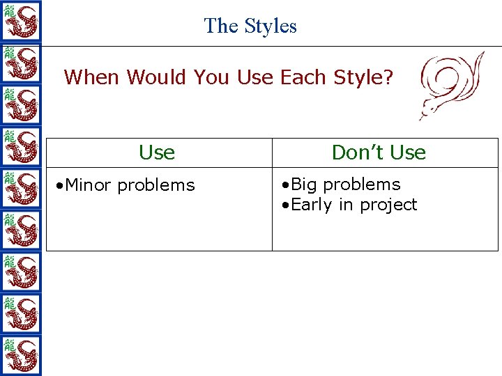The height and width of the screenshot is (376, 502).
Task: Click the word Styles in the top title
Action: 270,26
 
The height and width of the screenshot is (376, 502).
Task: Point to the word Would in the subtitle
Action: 158,77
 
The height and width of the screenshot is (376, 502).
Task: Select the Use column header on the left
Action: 157,152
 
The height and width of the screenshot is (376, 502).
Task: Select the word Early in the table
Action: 311,205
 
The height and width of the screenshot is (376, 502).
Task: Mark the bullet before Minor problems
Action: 61,186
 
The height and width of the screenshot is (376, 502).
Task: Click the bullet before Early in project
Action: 286,205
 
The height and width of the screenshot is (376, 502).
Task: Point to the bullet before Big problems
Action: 286,185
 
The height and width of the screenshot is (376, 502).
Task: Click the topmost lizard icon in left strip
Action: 20,21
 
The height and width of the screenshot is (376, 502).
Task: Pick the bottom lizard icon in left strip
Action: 20,355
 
